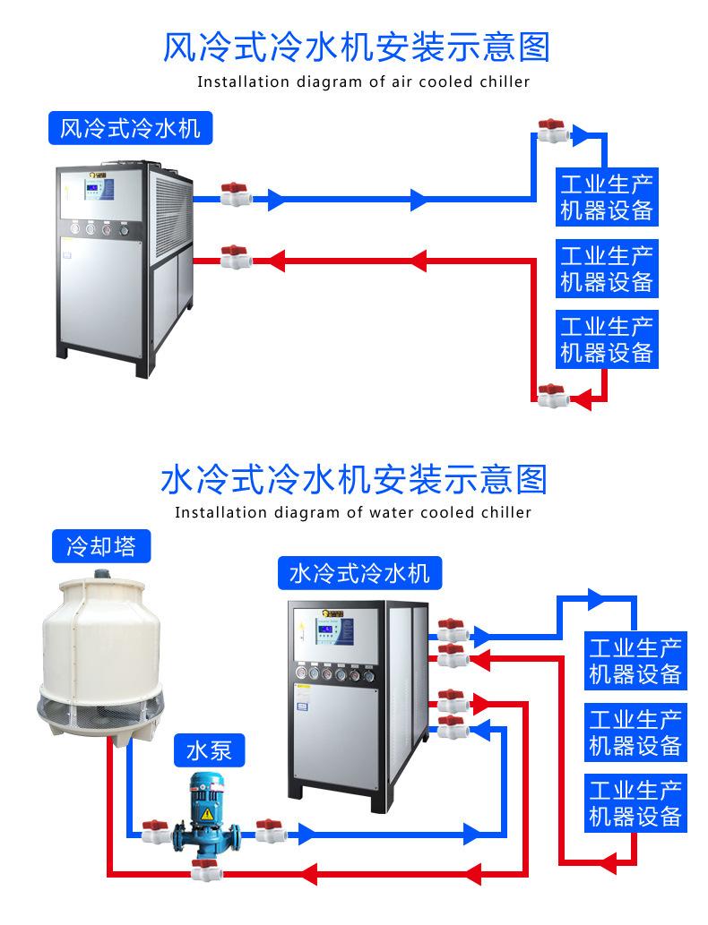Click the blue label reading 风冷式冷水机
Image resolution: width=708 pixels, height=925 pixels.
tap(130, 129)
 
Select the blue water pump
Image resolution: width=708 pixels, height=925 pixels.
tap(206, 818)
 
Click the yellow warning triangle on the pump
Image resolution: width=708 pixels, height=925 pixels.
tap(207, 814)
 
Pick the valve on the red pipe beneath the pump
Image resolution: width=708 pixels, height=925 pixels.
tap(205, 869)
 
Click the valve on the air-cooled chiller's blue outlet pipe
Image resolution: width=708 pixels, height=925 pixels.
tap(235, 194)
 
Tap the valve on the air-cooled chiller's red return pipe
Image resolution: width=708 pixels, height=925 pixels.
tap(235, 258)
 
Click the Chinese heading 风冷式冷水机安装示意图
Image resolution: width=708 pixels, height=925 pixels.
tap(356, 47)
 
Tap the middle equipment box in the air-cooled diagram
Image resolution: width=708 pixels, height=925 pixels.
tap(607, 268)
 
